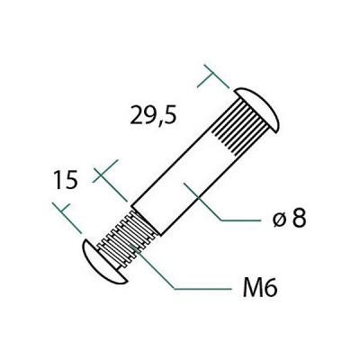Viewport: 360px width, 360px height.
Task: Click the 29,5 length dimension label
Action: [x=153, y=115]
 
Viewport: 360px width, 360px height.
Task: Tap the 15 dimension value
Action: [x=66, y=180]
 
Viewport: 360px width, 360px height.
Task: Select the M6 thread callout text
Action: [x=260, y=287]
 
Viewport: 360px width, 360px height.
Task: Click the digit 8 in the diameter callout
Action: [x=299, y=218]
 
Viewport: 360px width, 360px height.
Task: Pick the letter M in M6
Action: [x=252, y=288]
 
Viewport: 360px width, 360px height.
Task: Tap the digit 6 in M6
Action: [x=271, y=288]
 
